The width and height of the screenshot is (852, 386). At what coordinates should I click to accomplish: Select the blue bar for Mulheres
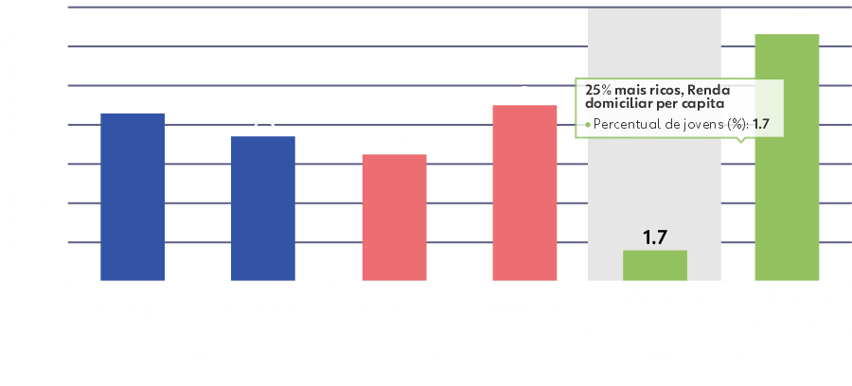tap(263, 208)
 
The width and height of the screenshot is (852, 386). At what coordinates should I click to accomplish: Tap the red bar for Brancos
tap(394, 218)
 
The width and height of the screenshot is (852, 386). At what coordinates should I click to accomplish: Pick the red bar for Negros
tap(524, 193)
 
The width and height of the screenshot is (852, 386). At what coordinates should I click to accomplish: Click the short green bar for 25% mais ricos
tap(654, 266)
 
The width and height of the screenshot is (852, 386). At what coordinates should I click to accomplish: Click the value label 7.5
tap(263, 122)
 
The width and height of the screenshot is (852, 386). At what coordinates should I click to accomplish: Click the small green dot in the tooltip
tap(588, 124)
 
